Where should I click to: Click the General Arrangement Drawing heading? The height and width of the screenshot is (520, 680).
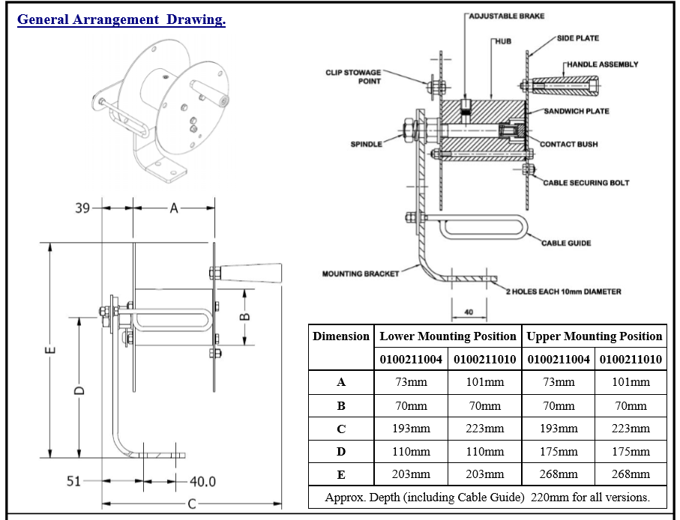click(x=121, y=19)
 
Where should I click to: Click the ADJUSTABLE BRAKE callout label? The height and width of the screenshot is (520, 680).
click(x=507, y=16)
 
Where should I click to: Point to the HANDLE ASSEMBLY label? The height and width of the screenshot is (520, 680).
click(x=603, y=64)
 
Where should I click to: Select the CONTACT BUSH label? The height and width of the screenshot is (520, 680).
click(x=569, y=144)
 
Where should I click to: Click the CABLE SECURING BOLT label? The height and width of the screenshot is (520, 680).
click(x=586, y=183)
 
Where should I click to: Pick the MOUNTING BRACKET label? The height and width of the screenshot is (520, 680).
click(x=361, y=273)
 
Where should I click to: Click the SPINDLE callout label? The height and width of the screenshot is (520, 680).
click(x=367, y=144)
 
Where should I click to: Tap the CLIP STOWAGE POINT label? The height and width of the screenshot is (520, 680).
click(x=353, y=76)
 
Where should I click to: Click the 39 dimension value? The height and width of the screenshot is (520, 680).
click(x=82, y=208)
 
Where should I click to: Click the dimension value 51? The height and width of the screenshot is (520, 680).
click(x=73, y=481)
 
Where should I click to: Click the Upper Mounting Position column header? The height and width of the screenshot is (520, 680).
click(x=595, y=336)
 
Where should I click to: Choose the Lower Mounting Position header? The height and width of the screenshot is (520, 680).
click(x=448, y=336)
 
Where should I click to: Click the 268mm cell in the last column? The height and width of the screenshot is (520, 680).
click(x=631, y=474)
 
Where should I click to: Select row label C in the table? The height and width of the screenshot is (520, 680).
click(x=341, y=429)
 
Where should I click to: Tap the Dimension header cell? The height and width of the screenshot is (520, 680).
click(x=341, y=336)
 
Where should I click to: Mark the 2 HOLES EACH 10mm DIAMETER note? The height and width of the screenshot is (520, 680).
click(x=563, y=291)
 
